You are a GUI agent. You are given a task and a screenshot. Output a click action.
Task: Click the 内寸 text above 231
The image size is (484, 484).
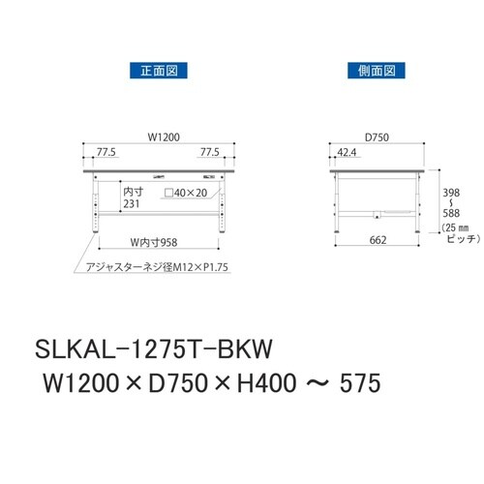click(134, 192)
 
